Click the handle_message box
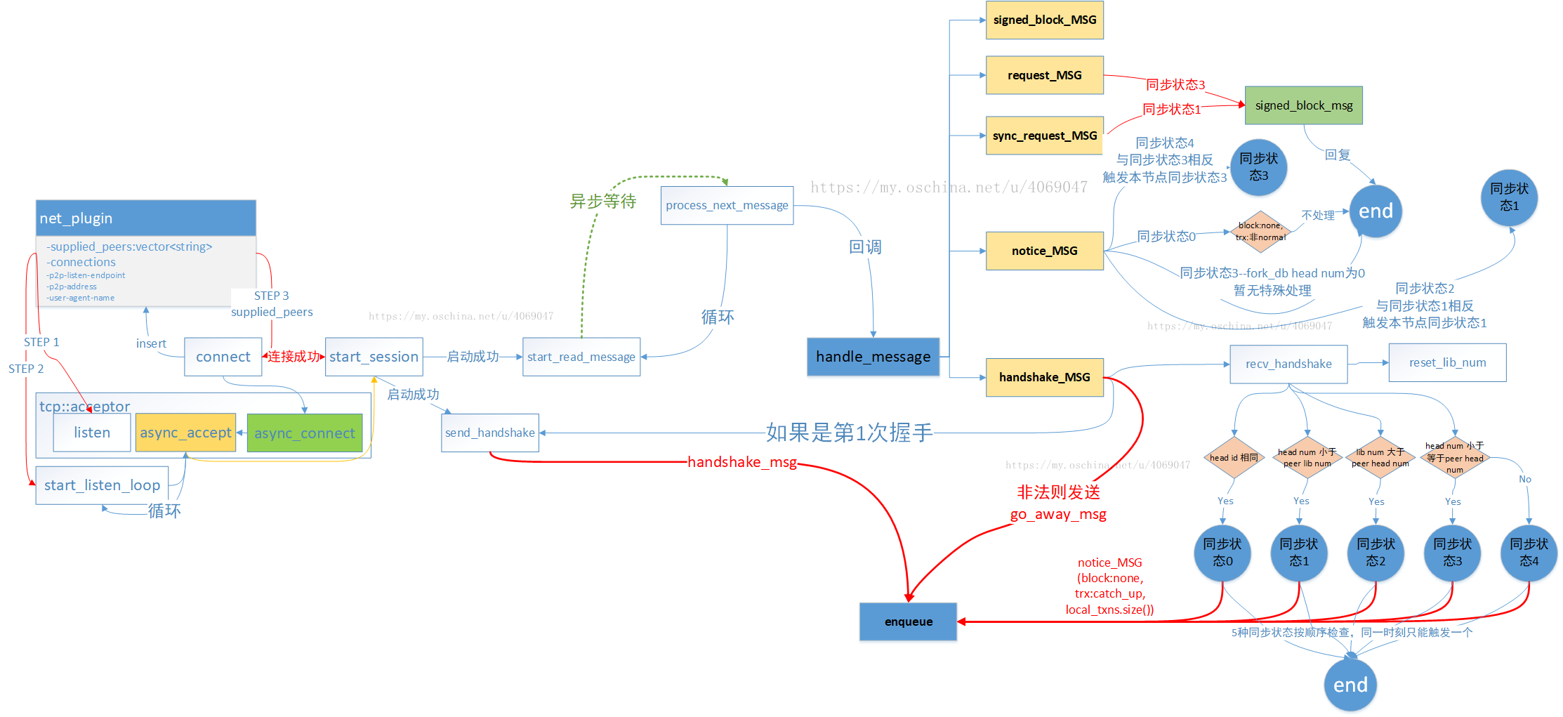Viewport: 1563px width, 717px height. coord(873,357)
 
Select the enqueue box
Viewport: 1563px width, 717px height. coord(908,621)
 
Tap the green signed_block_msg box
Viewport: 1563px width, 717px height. coord(1303,105)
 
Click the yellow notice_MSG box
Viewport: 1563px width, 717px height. coord(1044,251)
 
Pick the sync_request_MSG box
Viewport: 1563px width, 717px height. coord(1044,136)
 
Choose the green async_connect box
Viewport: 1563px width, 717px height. coord(304,433)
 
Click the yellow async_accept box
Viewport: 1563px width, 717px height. coord(185,433)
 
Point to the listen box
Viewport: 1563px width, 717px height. coord(92,433)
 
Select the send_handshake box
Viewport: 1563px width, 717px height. coord(490,433)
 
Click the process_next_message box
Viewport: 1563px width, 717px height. coord(727,205)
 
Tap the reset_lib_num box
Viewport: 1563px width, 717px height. coord(1447,362)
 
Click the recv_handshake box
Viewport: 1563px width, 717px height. coord(1288,364)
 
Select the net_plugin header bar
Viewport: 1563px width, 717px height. coord(146,218)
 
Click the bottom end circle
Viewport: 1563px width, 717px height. coord(1350,685)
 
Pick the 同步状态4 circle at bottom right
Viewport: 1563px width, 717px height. coord(1529,553)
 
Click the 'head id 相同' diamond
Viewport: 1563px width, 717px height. coord(1234,458)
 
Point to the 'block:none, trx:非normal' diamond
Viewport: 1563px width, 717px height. coord(1260,232)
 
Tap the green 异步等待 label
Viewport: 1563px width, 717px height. coord(602,202)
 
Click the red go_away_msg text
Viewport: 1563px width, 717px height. coord(1057,514)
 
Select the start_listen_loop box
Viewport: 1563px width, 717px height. coord(103,485)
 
